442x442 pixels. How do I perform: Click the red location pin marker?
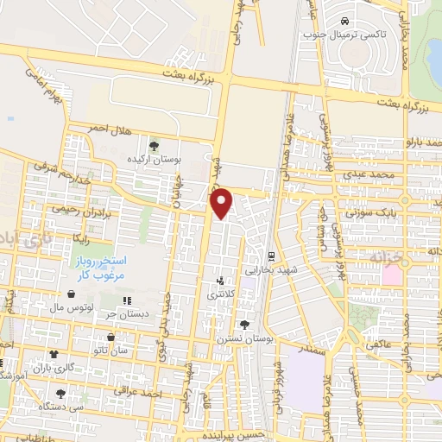click(x=224, y=203)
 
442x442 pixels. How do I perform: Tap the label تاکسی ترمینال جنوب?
click(x=344, y=35)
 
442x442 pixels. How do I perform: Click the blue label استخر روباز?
click(x=98, y=260)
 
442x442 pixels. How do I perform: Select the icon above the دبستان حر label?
click(x=128, y=300)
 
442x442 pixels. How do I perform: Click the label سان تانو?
click(x=113, y=350)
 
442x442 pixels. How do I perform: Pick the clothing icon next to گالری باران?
click(x=54, y=354)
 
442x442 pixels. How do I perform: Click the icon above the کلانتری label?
click(x=221, y=280)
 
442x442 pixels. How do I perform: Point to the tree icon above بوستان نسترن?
click(x=245, y=325)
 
